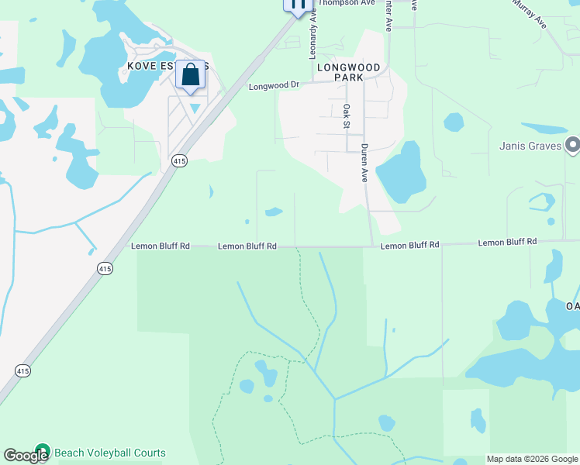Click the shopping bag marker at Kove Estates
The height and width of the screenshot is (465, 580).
191,76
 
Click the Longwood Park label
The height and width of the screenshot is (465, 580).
349,73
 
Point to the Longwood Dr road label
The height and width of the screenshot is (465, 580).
274,86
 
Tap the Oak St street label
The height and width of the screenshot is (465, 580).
347,116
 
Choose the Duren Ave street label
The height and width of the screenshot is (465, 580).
363,163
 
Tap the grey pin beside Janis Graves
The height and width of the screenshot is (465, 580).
573,145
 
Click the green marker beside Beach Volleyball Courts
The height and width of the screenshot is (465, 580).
42,452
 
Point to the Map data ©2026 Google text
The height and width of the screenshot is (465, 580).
532,459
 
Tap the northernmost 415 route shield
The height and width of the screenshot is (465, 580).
179,160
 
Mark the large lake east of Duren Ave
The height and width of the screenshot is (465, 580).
400,172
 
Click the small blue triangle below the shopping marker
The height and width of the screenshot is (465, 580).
195,108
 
